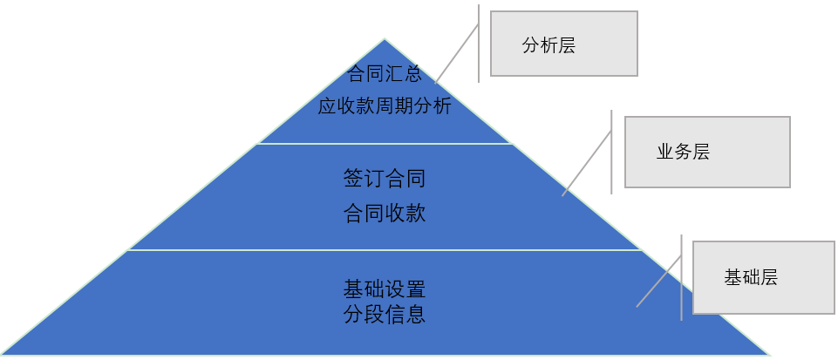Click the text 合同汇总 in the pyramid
(x=385, y=73)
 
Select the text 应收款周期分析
(x=385, y=106)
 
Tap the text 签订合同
(x=385, y=180)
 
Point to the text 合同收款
(x=385, y=213)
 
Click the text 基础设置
(x=385, y=289)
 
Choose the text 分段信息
(x=385, y=314)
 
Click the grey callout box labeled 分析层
(x=563, y=44)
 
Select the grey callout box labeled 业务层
(x=707, y=152)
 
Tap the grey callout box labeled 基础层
(x=763, y=277)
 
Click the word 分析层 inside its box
(x=548, y=46)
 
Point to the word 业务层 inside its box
(x=683, y=152)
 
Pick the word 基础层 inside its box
(x=750, y=278)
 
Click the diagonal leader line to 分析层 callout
(x=457, y=52)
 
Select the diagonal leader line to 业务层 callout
(x=586, y=163)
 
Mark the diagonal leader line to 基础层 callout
(x=659, y=281)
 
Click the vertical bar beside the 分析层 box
(x=479, y=44)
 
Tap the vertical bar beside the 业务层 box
(x=611, y=152)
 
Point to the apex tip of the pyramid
(x=384, y=41)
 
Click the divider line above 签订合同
(x=385, y=144)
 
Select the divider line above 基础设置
(x=385, y=250)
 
